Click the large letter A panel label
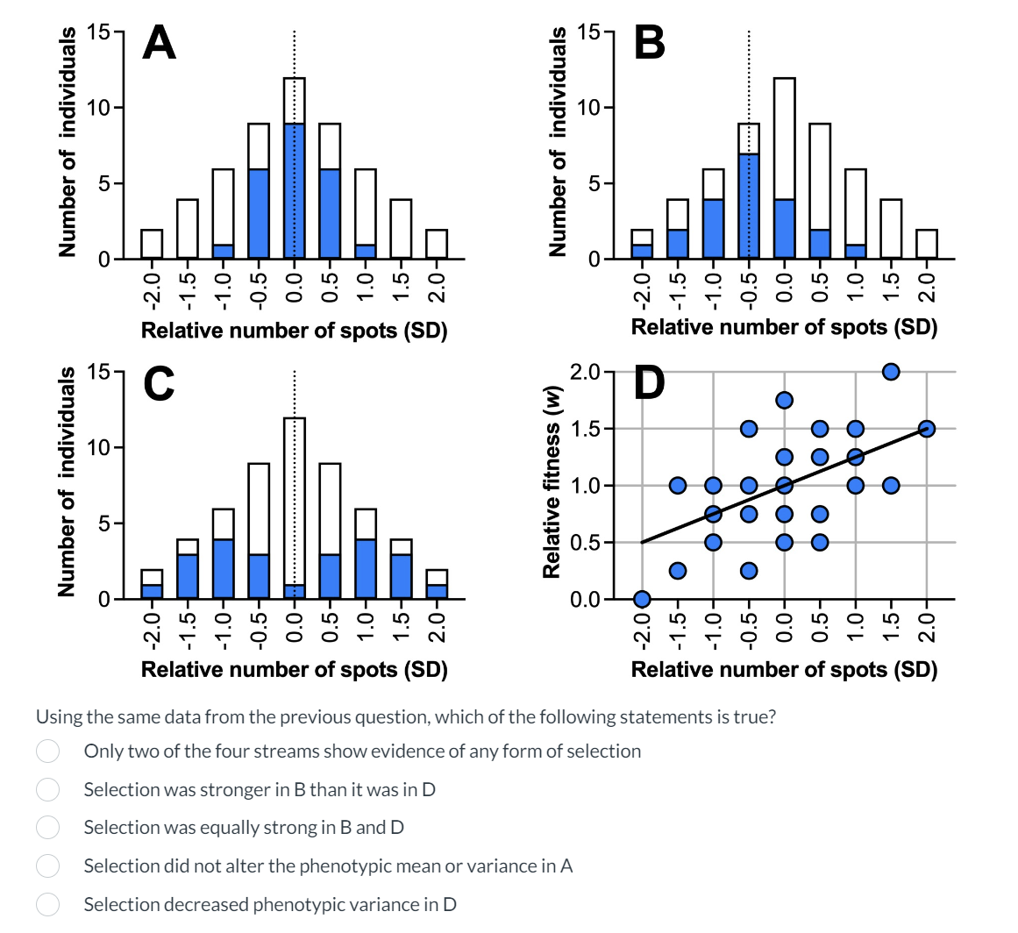[x=160, y=42]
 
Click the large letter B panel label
[x=649, y=41]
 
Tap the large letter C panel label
[x=160, y=383]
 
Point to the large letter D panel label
[x=649, y=381]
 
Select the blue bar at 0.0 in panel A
[x=294, y=191]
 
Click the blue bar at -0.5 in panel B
[x=748, y=206]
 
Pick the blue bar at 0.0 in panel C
[x=294, y=592]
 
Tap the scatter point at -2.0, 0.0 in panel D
[x=642, y=599]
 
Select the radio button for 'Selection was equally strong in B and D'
[x=47, y=828]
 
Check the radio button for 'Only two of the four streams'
[x=47, y=751]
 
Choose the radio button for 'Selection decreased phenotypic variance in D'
[x=47, y=904]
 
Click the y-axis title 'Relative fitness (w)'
[x=552, y=481]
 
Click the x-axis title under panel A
[x=294, y=331]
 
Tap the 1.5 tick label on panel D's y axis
[x=584, y=429]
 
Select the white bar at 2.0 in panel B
[x=926, y=244]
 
